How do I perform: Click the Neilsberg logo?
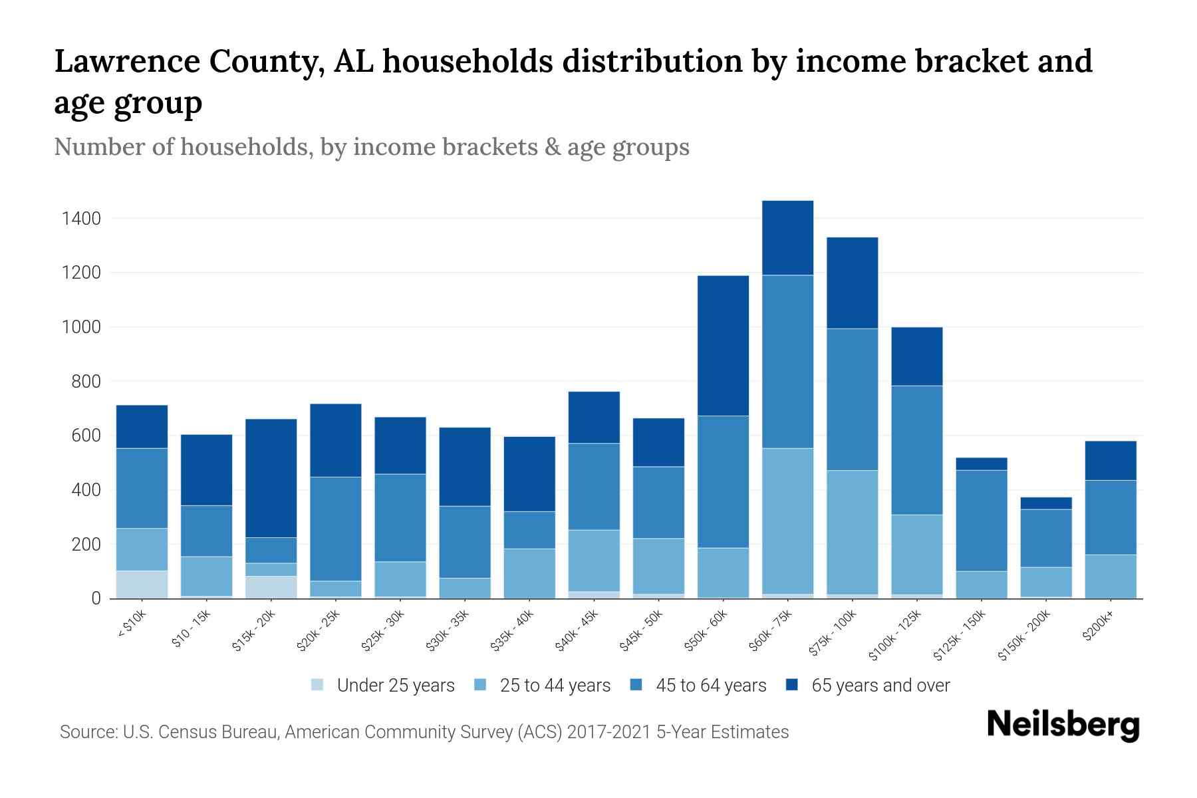pyautogui.click(x=1063, y=725)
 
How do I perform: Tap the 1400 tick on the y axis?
pyautogui.click(x=80, y=218)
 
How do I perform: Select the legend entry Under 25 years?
pyautogui.click(x=383, y=686)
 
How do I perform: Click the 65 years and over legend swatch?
pyautogui.click(x=792, y=685)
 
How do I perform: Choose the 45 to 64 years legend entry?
pyautogui.click(x=698, y=686)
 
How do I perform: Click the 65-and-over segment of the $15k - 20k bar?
pyautogui.click(x=271, y=477)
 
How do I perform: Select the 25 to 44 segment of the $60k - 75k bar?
pyautogui.click(x=787, y=521)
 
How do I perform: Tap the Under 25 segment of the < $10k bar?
pyautogui.click(x=142, y=585)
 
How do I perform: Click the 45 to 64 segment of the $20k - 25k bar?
pyautogui.click(x=336, y=529)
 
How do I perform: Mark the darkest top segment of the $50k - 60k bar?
pyautogui.click(x=723, y=346)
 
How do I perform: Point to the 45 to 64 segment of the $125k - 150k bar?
pyautogui.click(x=981, y=520)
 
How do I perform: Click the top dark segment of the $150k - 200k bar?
pyautogui.click(x=1045, y=503)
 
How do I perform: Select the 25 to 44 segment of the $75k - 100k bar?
pyautogui.click(x=852, y=532)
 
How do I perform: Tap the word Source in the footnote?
pyautogui.click(x=86, y=732)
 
